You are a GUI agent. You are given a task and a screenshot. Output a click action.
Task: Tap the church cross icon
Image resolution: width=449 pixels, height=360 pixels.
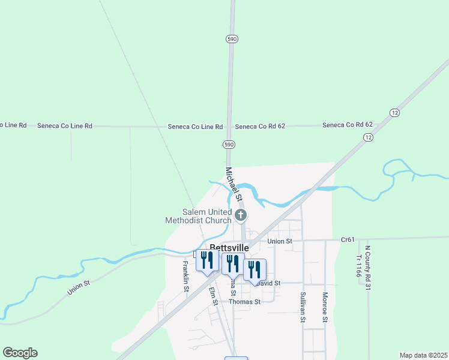(241, 215)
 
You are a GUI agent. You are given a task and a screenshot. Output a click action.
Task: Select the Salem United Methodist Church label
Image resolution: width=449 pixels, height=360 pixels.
(198, 216)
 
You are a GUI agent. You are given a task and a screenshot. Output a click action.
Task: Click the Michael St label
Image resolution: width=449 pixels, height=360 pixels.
(234, 184)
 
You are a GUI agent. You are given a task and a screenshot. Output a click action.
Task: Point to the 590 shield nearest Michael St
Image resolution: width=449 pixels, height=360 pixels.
(229, 145)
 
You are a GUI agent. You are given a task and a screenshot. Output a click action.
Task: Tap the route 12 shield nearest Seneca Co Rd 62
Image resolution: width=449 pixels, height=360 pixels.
(367, 137)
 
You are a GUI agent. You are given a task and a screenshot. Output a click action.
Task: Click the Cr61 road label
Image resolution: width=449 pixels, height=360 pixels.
(348, 239)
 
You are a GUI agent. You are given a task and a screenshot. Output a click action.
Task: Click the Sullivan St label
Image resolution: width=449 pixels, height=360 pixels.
(303, 307)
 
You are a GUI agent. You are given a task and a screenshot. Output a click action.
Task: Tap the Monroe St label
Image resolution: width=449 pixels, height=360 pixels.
(324, 307)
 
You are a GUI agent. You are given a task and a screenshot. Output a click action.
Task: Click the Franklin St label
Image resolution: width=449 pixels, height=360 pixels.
(186, 277)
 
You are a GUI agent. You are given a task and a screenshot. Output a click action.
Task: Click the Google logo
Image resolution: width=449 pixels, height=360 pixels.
(20, 353)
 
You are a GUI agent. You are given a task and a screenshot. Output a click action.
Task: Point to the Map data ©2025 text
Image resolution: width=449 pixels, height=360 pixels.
(423, 355)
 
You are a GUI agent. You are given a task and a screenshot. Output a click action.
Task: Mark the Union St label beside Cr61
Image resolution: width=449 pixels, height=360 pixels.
(280, 241)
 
